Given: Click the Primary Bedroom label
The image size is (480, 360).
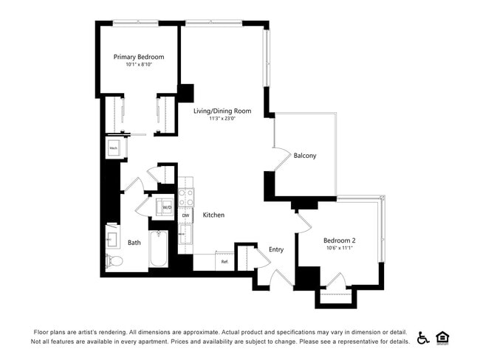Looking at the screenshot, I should point(139,57).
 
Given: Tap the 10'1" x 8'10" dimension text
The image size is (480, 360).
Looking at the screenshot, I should point(139,65).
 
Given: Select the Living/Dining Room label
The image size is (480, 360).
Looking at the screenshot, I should point(222,111).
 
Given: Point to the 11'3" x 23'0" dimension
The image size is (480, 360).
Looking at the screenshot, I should point(222,119).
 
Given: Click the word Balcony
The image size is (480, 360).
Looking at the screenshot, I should point(305,156).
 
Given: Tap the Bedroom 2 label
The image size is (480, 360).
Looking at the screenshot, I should point(340,240).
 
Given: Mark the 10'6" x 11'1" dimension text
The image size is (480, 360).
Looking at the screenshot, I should point(340,248).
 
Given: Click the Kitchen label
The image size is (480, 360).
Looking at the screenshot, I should point(214,215).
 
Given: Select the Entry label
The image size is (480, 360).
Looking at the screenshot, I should point(276,249).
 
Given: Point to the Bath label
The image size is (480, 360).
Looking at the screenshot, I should point(134,242).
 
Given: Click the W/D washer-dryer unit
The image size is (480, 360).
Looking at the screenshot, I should point(167,208).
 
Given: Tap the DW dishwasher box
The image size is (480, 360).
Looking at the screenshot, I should point(186,215).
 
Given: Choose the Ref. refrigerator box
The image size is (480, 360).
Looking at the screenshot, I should point(224,261).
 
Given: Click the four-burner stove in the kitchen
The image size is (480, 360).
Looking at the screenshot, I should point(186,197).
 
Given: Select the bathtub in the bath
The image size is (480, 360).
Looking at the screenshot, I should point(159,251).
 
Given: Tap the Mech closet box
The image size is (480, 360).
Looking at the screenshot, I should point(114,148).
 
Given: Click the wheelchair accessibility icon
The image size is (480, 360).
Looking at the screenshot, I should point(423,337).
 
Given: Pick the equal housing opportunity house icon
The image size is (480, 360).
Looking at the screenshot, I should point(443,337).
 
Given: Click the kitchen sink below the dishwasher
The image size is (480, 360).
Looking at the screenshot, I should point(185,235).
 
